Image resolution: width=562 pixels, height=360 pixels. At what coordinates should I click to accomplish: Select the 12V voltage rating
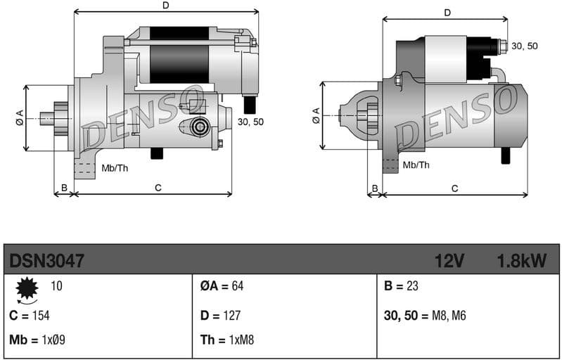449,262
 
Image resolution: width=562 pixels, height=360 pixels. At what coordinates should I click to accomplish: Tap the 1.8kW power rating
521,262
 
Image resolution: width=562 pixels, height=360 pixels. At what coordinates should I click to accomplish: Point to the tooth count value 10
56,286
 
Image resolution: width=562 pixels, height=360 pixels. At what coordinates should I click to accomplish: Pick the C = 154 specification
30,316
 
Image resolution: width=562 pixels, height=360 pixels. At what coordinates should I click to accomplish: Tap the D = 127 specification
222,316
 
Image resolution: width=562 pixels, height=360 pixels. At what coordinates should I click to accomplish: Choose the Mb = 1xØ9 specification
37,340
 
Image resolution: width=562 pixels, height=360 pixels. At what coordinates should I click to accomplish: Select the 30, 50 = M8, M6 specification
425,316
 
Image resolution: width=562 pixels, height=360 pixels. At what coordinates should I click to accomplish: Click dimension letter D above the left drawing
166,6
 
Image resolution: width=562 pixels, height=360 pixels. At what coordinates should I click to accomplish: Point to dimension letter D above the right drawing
447,13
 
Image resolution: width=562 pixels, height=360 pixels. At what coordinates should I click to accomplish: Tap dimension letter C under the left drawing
158,187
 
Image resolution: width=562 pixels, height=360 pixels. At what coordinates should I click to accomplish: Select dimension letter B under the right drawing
375,188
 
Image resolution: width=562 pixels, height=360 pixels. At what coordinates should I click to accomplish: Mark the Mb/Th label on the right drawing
416,165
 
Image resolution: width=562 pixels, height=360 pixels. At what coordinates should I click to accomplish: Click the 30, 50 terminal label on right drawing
524,46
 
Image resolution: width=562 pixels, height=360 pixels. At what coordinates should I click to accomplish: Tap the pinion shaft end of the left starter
46,118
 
